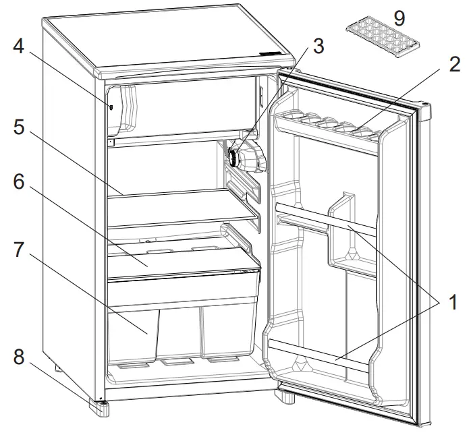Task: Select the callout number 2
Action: click(x=453, y=65)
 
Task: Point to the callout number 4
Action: click(x=19, y=49)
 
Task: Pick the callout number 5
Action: click(x=19, y=128)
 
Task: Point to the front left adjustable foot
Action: click(x=101, y=407)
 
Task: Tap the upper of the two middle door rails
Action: click(x=324, y=219)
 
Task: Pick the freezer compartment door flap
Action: click(x=121, y=108)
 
